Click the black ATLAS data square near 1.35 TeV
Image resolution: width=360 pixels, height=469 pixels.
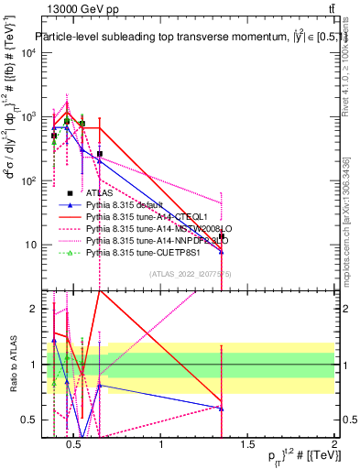click(x=222, y=236)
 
